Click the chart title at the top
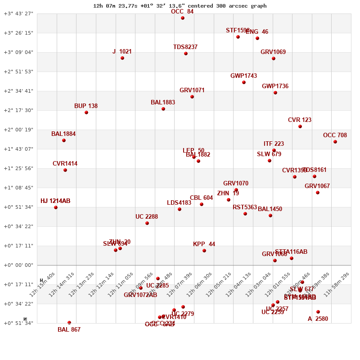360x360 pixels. [x=180, y=6]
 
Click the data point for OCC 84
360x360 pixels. [x=183, y=18]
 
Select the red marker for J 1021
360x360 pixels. [x=122, y=58]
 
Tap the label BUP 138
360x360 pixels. [x=86, y=106]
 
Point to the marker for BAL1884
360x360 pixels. [x=64, y=140]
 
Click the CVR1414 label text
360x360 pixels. [x=65, y=164]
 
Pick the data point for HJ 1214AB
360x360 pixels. [x=56, y=207]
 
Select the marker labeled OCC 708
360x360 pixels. [x=335, y=142]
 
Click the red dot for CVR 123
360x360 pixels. [x=300, y=126]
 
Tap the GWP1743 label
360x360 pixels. [x=243, y=76]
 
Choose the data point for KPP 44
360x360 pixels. [x=204, y=251]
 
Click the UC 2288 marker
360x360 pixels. [x=147, y=223]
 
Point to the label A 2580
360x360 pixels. [x=318, y=319]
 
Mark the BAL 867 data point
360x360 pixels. [x=69, y=323]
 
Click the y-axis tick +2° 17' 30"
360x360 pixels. [x=18, y=110]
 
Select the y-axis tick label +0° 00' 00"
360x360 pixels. [x=18, y=265]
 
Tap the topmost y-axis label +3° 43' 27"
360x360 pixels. [x=18, y=13]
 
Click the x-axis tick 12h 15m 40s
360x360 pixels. [x=42, y=284]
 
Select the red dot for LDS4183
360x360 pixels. [x=180, y=209]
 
